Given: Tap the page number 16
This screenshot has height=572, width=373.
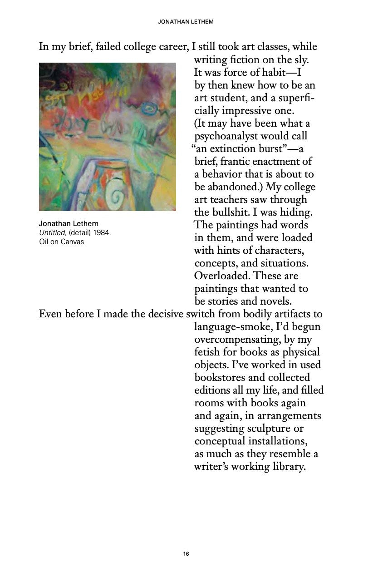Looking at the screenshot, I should (x=186, y=553).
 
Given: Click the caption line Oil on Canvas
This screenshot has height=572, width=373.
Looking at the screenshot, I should (x=61, y=241).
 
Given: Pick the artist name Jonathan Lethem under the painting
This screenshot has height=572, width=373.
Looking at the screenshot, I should (x=69, y=224).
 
